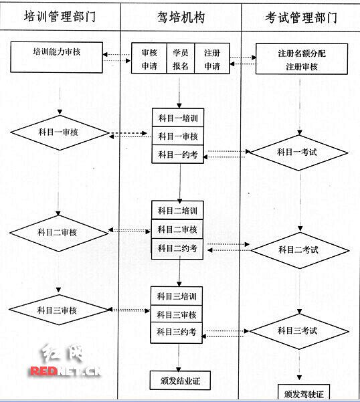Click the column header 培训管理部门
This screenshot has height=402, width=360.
60,16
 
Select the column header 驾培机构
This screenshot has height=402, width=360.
180,16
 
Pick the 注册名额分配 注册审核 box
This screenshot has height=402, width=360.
301,59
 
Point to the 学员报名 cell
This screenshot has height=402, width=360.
181,59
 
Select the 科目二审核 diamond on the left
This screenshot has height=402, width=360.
59,231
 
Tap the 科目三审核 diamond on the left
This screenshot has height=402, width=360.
59,310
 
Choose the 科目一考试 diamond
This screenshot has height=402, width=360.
298,153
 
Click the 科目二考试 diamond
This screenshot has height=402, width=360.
298,250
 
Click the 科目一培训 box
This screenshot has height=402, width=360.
178,118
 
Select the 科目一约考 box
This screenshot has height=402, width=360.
178,155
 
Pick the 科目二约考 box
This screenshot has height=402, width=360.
178,248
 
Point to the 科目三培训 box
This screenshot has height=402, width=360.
178,296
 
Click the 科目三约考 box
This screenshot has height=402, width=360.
178,332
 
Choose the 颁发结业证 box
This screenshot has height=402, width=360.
178,382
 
